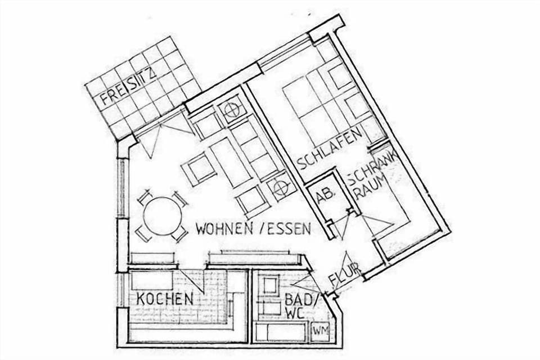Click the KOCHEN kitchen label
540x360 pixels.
click(x=165, y=299)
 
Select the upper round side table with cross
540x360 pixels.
click(x=232, y=110)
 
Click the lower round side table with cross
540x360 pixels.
click(x=281, y=187)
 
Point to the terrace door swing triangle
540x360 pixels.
click(x=163, y=135)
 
